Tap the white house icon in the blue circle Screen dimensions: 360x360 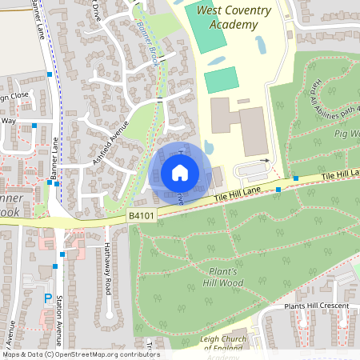[179, 172]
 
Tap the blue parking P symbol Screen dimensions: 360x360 [48, 298]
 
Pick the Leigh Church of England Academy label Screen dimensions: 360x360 [222, 346]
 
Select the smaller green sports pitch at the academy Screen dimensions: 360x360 [221, 80]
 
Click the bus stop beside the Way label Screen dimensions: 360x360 [35, 125]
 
